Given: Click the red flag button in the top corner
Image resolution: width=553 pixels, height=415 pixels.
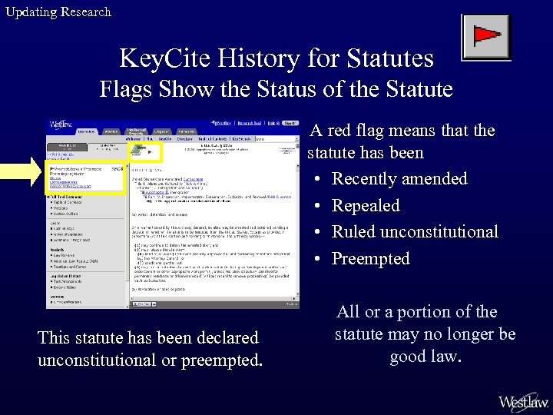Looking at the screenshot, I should (485, 37).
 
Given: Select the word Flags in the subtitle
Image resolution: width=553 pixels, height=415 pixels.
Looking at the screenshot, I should (128, 89).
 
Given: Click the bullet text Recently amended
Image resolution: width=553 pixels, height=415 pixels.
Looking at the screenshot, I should (399, 179).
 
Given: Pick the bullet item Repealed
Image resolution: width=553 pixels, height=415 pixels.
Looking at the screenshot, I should (365, 206).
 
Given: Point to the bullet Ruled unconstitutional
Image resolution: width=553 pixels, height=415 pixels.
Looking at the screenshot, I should (414, 232).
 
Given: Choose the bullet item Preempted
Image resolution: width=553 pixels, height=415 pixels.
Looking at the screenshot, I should (370, 259).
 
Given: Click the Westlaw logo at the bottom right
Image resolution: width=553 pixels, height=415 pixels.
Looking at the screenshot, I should (523, 401).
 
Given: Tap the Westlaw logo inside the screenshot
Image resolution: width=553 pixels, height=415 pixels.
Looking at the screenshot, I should (61, 124).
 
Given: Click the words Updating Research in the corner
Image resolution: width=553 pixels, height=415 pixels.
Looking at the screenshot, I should (58, 12).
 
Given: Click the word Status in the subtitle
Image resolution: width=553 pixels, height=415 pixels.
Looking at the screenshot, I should (300, 89).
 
